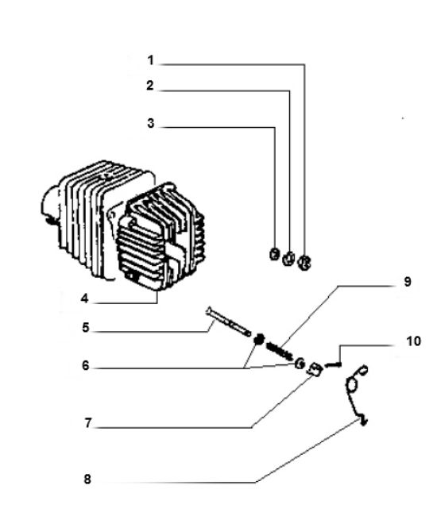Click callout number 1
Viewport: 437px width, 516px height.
coord(150,60)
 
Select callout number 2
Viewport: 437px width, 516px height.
coord(150,86)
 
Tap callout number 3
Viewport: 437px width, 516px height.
coord(150,123)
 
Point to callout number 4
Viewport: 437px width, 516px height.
coord(85,298)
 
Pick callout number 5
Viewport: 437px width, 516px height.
coord(86,327)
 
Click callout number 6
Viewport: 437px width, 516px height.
coord(86,366)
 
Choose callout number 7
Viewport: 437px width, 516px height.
coord(87,423)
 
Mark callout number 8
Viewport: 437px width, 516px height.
coord(87,479)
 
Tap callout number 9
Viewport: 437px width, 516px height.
coord(408,282)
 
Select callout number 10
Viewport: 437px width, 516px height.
coord(414,341)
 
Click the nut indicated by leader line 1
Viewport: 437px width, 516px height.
coord(304,263)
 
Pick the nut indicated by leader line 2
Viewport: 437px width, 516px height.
coord(288,258)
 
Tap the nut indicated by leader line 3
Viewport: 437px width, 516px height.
coord(274,254)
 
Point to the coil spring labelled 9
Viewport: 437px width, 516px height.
coord(280,350)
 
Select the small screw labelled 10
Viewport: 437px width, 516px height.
coord(333,364)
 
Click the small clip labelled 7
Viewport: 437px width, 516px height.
coord(315,369)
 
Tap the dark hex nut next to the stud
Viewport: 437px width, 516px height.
coord(260,339)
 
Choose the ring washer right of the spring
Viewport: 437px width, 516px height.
coord(300,364)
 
